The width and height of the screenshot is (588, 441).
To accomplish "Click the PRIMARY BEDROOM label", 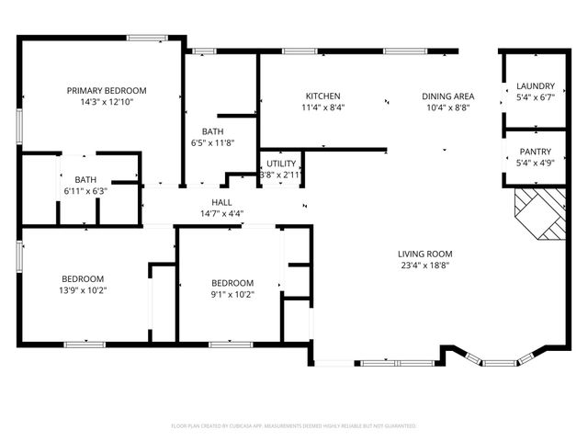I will pos(106,90).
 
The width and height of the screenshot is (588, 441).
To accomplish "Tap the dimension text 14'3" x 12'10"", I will pos(106,102).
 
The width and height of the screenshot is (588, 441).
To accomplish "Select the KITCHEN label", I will pos(323,96).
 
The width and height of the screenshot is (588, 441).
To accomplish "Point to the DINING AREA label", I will pos(447,96).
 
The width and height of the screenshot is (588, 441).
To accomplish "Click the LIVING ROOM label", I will pos(424,254).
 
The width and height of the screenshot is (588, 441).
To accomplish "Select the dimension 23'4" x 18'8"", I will pos(424,266).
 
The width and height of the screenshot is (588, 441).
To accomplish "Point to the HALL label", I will pos(221,202).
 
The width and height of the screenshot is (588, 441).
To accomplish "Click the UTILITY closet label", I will pos(281,163).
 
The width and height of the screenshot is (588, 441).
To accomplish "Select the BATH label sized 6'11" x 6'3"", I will pos(85,179).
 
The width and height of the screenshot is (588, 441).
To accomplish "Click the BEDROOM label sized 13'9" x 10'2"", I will pos(83,278).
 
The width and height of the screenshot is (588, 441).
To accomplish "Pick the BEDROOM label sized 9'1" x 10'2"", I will pos(232,282).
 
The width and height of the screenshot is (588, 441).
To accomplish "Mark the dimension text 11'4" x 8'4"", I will pos(323,107).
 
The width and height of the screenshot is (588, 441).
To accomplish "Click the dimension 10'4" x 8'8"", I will pos(447,107).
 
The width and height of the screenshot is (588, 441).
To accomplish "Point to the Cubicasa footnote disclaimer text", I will pos(294,426).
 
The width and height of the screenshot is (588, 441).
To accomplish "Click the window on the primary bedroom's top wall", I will pos(145,37).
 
